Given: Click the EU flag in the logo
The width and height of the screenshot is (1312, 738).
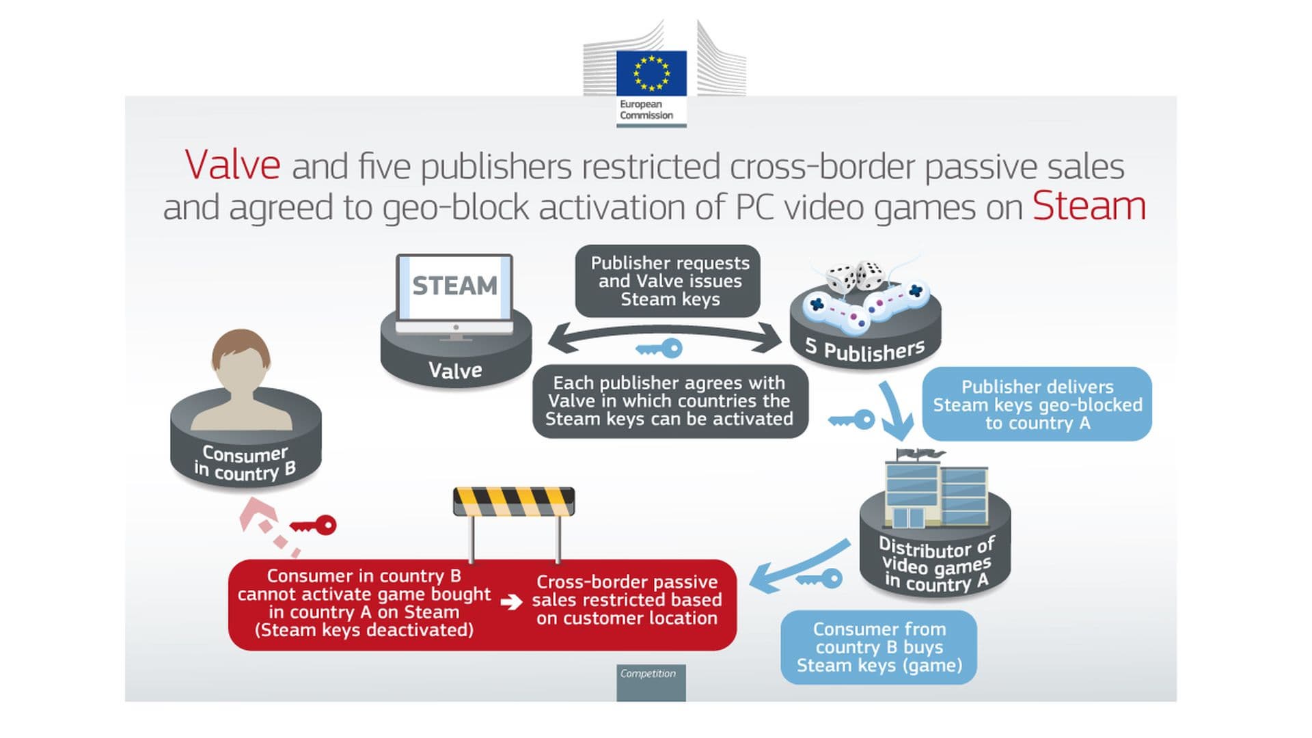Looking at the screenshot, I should point(651,73).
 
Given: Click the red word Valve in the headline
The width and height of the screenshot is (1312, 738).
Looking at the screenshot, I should point(232,165).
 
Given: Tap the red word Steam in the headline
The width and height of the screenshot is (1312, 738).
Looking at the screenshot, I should point(1089,206).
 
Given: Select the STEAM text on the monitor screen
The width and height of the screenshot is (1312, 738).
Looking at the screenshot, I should point(454,286).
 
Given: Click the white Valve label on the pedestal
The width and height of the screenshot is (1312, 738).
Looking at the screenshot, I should point(455,370).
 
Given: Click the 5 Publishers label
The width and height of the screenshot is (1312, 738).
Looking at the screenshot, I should point(865,350).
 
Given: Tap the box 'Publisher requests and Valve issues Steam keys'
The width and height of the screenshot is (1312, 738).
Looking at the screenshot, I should point(669,281).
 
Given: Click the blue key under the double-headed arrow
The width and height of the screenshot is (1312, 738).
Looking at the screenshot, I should point(659,349).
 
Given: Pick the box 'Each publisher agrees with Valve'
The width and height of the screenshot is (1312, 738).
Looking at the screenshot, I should point(670,401).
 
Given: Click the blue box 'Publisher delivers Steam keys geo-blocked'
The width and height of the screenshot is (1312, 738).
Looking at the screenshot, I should point(1037,405).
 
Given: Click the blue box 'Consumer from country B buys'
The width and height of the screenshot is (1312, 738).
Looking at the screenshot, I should point(879,647).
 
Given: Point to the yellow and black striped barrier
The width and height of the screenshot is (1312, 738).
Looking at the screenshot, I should point(514,502).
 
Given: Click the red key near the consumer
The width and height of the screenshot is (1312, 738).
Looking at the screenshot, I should point(314,525).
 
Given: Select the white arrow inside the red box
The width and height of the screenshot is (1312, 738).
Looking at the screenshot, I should point(511,603).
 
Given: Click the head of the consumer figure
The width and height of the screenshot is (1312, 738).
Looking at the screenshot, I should point(241,359).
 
